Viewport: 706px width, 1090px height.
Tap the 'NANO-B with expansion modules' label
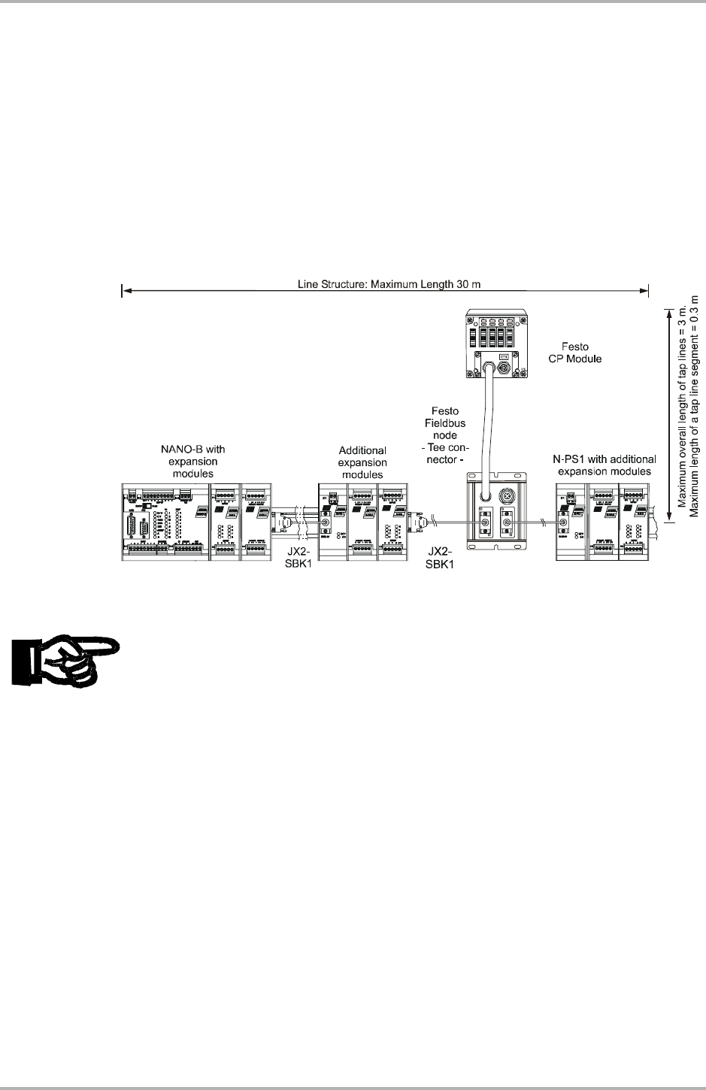click(193, 462)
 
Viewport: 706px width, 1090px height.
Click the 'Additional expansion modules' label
click(362, 462)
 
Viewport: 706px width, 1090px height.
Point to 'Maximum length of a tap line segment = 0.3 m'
click(695, 406)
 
